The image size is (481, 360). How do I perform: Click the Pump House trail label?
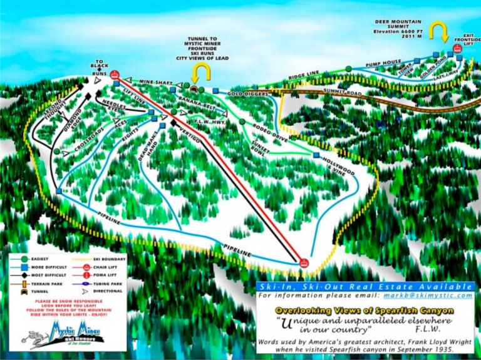point(383,64)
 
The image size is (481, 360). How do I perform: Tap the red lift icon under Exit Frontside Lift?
point(458,48)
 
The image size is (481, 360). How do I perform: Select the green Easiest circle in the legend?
point(24,259)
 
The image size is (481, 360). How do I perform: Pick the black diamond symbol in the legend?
point(24,274)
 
